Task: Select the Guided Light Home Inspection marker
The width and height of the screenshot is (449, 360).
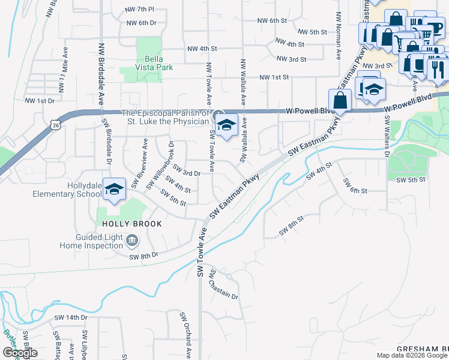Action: [132, 241]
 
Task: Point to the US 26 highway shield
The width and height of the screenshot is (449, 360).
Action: [56, 124]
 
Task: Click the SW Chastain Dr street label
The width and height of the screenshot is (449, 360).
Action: [224, 286]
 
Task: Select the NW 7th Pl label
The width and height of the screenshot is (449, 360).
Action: [140, 10]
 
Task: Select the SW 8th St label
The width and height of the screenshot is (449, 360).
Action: [292, 229]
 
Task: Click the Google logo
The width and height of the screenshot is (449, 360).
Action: [20, 353]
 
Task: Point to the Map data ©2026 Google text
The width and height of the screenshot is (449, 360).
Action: [412, 355]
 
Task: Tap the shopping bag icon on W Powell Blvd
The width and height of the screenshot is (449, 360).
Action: [340, 100]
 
